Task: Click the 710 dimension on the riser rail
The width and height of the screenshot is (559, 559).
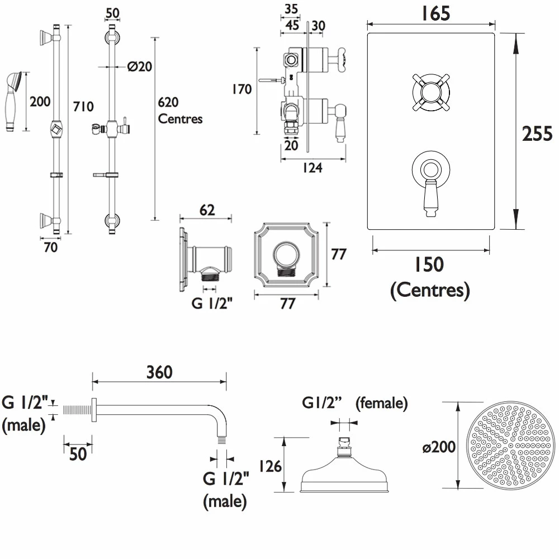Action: pos(83,106)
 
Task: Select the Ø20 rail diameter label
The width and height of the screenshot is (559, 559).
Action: pos(140,67)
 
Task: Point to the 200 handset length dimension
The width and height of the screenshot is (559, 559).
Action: pos(39,101)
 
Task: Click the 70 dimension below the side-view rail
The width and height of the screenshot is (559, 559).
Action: pos(50,247)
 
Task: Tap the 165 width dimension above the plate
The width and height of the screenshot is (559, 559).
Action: pos(436,13)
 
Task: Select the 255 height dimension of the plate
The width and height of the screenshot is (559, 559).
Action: pos(537,134)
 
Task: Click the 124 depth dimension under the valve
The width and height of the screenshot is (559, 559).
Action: pos(311,167)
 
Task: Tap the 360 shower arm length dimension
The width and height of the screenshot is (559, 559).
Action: pos(159,372)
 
